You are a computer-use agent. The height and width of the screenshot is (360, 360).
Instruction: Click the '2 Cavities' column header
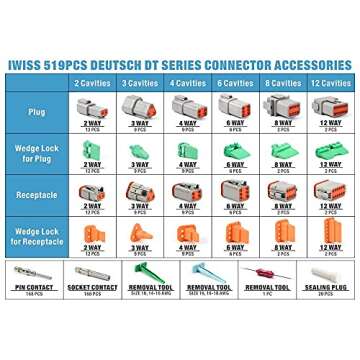92,83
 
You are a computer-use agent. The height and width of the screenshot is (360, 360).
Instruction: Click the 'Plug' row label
38,112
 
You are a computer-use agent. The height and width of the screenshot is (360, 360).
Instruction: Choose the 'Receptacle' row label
38,191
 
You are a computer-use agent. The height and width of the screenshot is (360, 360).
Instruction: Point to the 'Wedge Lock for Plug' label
38,152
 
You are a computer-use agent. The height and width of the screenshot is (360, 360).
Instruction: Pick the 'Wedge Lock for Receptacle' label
38,232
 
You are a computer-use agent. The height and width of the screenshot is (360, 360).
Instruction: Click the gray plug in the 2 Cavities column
92,105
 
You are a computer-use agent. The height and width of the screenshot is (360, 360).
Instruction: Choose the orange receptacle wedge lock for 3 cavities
139,230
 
